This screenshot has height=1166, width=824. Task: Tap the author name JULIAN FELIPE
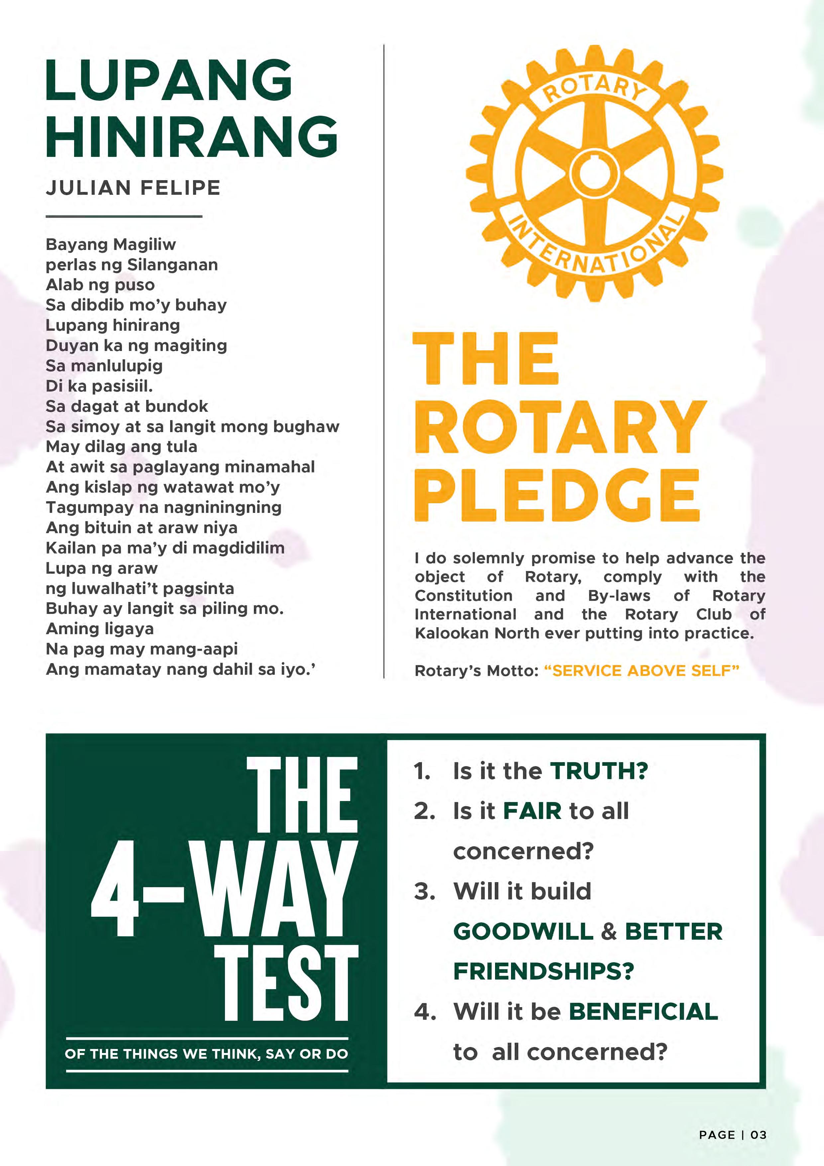pyautogui.click(x=133, y=188)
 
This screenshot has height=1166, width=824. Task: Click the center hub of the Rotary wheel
pyautogui.click(x=594, y=173)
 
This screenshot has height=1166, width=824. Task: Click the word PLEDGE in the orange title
pyautogui.click(x=557, y=495)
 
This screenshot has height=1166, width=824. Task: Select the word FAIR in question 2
pyautogui.click(x=532, y=811)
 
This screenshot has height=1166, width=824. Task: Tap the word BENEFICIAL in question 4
pyautogui.click(x=643, y=1012)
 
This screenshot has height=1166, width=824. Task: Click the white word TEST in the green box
pyautogui.click(x=287, y=984)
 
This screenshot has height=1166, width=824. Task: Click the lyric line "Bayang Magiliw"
pyautogui.click(x=111, y=245)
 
